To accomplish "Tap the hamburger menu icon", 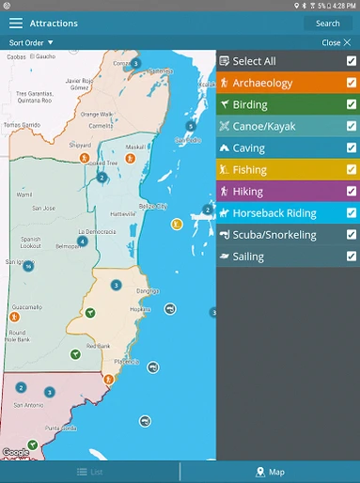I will point(16,23).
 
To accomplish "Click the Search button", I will point(327,23).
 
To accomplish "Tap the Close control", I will point(334,42).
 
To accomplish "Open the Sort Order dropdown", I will point(31,42).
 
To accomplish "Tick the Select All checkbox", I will point(351,61).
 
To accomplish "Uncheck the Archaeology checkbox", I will point(351,83).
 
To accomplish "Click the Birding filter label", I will point(250,104).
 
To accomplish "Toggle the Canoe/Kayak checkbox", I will point(351,126).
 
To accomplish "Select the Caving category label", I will point(249,148).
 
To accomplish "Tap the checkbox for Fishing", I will point(351,170).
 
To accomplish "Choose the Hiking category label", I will point(248,192).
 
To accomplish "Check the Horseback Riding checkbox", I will point(351,213).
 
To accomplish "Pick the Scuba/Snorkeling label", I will point(274,235).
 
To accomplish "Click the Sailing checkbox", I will point(351,257).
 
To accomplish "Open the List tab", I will point(90,472).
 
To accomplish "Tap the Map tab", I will point(270,472).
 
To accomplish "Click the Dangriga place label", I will point(146,290).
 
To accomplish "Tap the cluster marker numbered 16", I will point(29,266).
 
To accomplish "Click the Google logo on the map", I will point(15,452).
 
